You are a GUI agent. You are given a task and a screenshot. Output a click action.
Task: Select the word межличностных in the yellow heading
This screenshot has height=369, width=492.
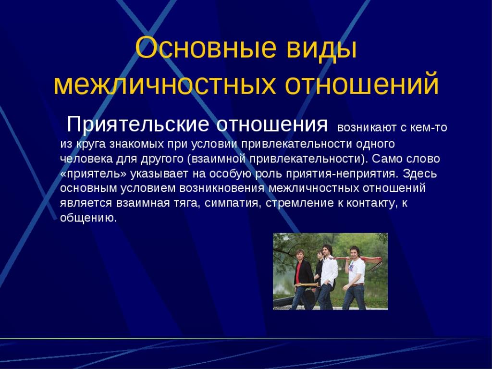click(165, 84)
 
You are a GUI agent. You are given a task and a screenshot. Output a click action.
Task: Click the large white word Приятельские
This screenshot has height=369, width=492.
click(138, 124)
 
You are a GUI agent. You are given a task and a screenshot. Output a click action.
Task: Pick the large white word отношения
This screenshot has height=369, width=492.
click(272, 125)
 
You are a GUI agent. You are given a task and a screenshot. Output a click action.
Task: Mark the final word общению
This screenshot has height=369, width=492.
click(88, 218)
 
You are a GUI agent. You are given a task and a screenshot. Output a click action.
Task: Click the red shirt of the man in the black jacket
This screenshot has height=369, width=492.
click(298, 272)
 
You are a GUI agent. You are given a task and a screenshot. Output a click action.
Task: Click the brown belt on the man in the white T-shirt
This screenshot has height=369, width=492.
click(357, 285)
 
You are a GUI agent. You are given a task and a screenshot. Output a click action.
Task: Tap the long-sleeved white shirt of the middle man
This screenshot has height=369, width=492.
click(329, 271)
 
